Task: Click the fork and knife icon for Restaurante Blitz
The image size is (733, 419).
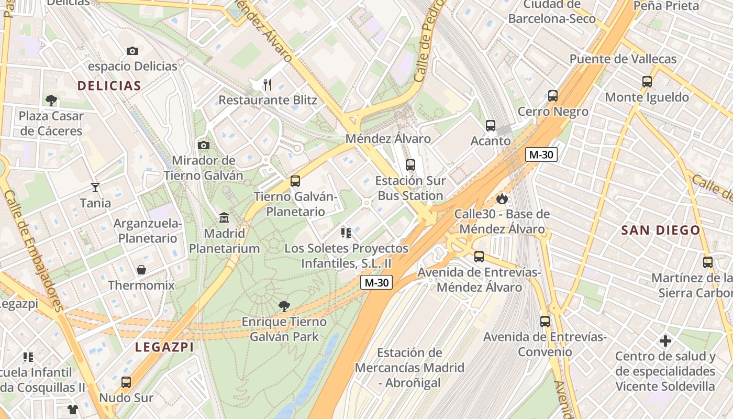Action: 267,84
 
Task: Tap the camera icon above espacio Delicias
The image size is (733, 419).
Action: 132,51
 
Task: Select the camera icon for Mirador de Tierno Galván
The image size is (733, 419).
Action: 204,145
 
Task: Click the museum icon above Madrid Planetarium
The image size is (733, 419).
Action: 224,217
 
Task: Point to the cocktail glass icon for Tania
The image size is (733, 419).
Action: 95,187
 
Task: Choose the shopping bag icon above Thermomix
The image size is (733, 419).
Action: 141,270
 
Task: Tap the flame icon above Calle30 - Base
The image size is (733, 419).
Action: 502,199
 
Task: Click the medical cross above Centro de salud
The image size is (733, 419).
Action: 665,341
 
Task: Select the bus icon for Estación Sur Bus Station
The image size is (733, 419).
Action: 410,165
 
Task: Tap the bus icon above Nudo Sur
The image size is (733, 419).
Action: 126,382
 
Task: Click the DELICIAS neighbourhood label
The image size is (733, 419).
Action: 109,86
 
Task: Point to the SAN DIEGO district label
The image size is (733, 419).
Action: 660,230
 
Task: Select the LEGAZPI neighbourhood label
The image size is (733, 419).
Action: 164,347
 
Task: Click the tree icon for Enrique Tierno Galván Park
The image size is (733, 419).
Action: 284,306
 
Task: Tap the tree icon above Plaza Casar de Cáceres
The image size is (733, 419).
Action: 51,100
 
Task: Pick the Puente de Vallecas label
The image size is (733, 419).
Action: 623,59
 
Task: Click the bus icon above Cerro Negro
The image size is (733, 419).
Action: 553,96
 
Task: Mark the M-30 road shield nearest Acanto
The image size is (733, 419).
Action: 541,155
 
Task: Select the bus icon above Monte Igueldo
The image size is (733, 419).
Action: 647,82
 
